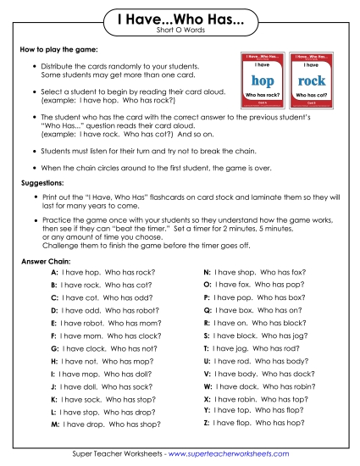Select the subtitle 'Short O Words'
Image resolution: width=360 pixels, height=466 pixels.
coord(180,32)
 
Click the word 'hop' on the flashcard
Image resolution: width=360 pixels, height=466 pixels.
coord(263,81)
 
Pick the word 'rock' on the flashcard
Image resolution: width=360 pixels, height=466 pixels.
coord(313,81)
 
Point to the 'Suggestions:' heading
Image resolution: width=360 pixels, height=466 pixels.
coord(42,182)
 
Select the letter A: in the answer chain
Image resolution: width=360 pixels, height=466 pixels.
coord(54,274)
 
